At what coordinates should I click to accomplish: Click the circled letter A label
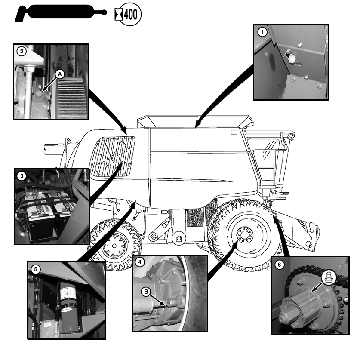(x=60, y=74)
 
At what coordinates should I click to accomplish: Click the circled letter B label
(x=147, y=291)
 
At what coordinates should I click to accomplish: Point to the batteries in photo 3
(x=43, y=211)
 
